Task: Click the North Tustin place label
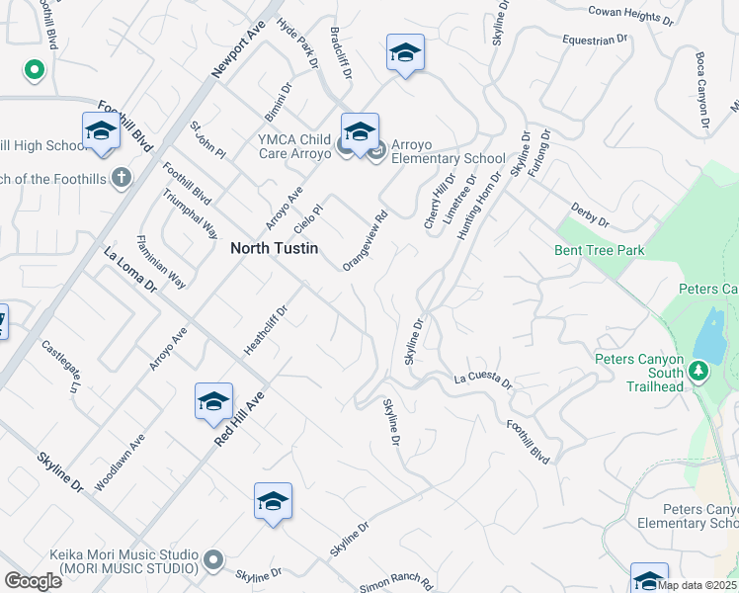[275, 249]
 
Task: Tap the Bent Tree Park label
[600, 251]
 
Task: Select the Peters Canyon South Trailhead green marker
[698, 371]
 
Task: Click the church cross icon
[121, 178]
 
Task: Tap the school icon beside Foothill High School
[101, 131]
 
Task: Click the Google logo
[33, 581]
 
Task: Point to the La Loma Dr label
[130, 270]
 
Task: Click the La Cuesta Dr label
[483, 381]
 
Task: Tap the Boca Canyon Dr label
[702, 91]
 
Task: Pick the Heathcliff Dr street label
[265, 330]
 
